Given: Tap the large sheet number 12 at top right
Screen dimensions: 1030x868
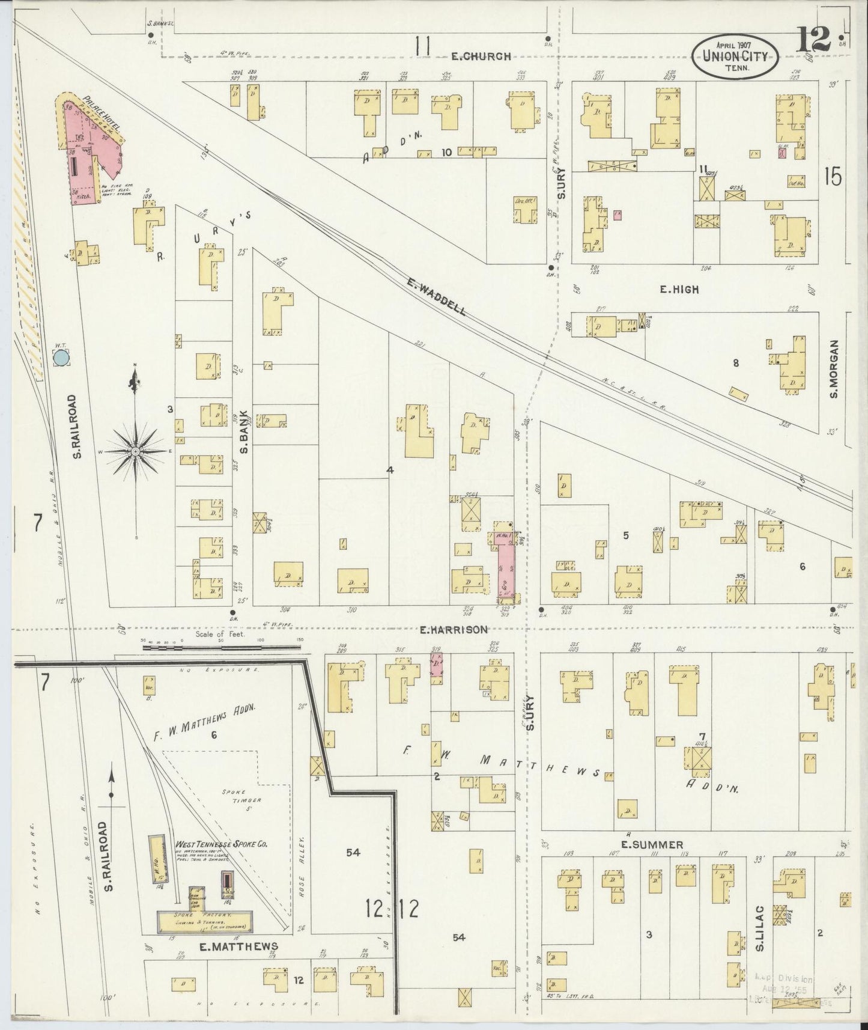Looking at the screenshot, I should coord(815,41).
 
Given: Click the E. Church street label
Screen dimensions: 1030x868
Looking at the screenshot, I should coord(481,56).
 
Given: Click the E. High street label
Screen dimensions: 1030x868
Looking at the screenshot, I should coord(679,290).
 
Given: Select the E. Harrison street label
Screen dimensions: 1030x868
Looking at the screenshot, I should coord(453,630).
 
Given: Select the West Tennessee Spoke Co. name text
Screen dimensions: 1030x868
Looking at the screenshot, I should coord(221,844).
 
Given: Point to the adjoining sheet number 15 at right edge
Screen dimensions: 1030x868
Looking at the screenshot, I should coord(833,177).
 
